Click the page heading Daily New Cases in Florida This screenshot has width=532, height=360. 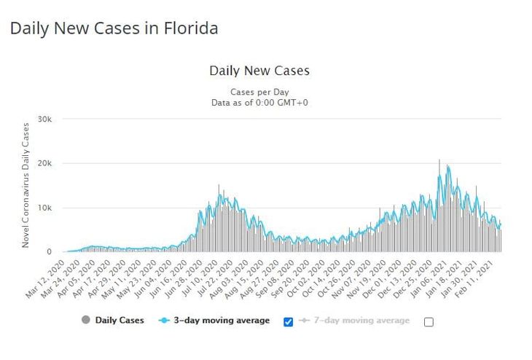(x=114, y=29)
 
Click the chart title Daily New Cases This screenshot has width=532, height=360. (x=259, y=71)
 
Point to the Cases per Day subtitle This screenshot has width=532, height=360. (x=259, y=92)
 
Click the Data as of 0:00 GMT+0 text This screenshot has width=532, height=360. (x=259, y=103)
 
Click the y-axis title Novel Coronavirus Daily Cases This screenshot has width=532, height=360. (x=26, y=185)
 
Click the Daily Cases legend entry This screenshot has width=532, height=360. (x=113, y=320)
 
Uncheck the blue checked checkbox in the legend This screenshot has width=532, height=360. (x=289, y=321)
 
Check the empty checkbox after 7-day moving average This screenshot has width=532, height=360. (x=429, y=321)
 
